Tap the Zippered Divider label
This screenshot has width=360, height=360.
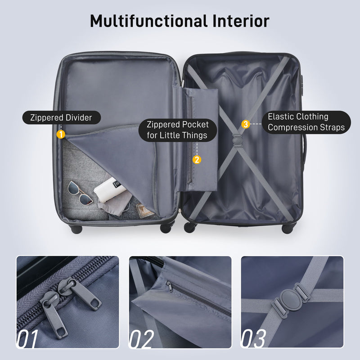[x=61, y=118]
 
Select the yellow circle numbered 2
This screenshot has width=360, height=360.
[x=197, y=159]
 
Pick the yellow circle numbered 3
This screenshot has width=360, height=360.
[x=246, y=124]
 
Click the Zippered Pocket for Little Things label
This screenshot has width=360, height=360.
[x=177, y=130]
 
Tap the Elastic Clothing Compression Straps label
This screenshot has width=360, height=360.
[x=306, y=122]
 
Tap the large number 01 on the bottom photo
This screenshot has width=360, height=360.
[x=27, y=339]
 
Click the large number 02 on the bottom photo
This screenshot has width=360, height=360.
[x=141, y=339]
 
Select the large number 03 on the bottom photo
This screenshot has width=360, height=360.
[x=254, y=339]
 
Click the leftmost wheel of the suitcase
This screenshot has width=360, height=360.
[x=76, y=229]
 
